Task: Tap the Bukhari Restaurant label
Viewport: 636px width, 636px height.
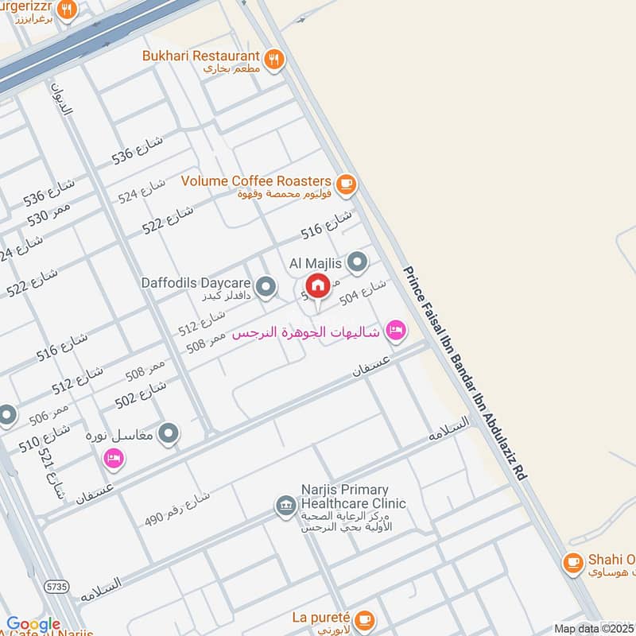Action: click(201, 56)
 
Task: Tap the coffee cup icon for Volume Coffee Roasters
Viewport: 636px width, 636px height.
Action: click(345, 184)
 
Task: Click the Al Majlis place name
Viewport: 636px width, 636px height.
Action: click(316, 262)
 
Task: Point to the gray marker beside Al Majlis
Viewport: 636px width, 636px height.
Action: click(359, 262)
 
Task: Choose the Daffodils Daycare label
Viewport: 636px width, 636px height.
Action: click(196, 283)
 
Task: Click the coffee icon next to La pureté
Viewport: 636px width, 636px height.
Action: click(364, 619)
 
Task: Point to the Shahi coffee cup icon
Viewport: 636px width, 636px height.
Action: click(572, 562)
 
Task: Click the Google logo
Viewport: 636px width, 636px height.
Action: click(33, 625)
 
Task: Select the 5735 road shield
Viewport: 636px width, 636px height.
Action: click(57, 586)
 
